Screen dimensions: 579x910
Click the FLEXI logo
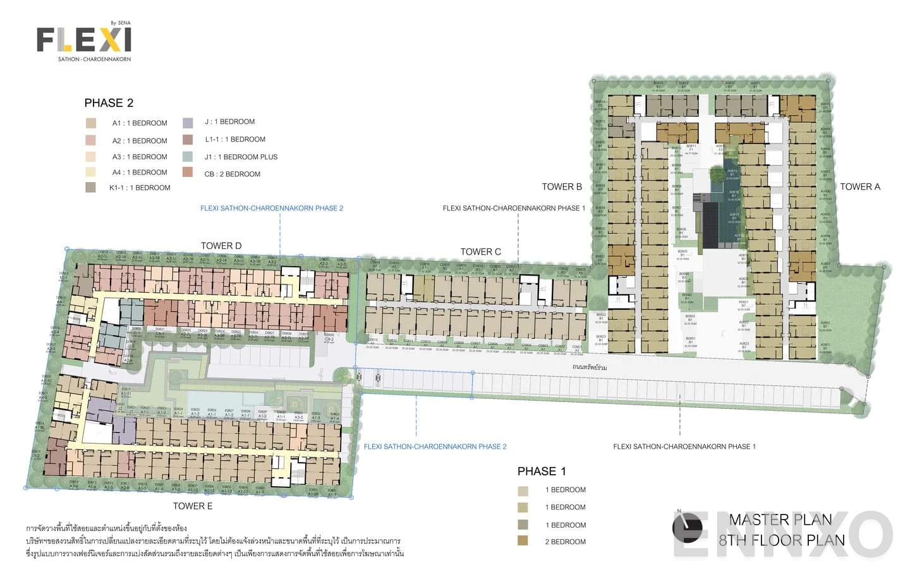tap(83, 40)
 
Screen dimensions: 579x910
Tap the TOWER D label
tap(221, 246)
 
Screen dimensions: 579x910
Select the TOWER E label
tap(193, 506)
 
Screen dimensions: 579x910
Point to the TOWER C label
tap(480, 252)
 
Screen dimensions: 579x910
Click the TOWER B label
tap(562, 186)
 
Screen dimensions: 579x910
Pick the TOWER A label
tap(859, 186)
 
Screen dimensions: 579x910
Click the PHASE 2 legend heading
tap(109, 103)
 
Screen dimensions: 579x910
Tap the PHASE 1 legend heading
tap(542, 471)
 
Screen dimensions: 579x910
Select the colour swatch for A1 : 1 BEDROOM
tap(91, 123)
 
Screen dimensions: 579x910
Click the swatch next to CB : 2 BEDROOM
tap(188, 172)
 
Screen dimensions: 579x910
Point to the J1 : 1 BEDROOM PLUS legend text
tap(241, 157)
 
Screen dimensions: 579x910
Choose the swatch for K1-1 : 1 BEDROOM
tap(91, 187)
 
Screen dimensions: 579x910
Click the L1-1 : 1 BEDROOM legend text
tap(234, 139)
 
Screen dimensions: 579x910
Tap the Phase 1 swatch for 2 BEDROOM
tap(523, 541)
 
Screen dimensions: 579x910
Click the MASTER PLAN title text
tap(780, 520)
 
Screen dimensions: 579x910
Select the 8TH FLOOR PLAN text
tap(782, 540)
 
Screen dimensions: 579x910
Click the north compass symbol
tap(687, 527)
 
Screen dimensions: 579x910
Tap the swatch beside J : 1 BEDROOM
tap(188, 123)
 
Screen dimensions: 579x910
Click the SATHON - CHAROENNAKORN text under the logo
tap(94, 59)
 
